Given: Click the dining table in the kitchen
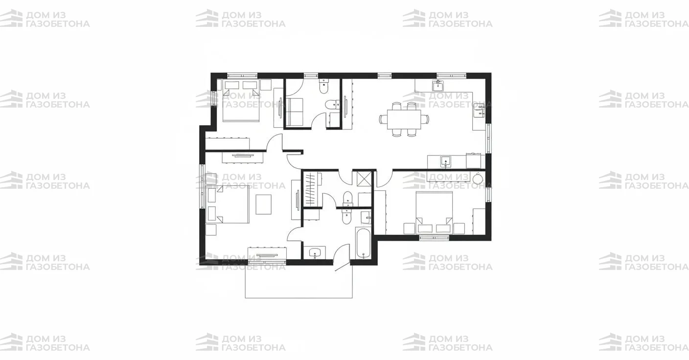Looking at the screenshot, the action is [x=404, y=119].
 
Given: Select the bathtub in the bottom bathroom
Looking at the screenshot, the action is [x=363, y=243].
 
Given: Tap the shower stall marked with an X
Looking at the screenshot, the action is [x=365, y=178].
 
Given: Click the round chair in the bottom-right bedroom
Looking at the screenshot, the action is [x=478, y=179].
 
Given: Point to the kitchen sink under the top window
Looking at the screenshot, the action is [x=438, y=86].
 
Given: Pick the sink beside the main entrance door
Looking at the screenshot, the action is [x=315, y=252].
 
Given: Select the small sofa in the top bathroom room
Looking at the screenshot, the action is [x=295, y=112].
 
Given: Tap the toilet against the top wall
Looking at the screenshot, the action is [x=324, y=86].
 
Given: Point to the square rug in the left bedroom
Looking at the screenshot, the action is [x=264, y=204].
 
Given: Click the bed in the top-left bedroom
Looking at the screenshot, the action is [x=241, y=100].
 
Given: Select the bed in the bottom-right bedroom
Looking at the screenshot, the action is [x=434, y=213].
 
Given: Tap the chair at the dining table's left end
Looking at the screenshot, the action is [x=383, y=119].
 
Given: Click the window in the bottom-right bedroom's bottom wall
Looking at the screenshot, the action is [x=434, y=238].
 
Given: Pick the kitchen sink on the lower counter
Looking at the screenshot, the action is [x=445, y=161].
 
